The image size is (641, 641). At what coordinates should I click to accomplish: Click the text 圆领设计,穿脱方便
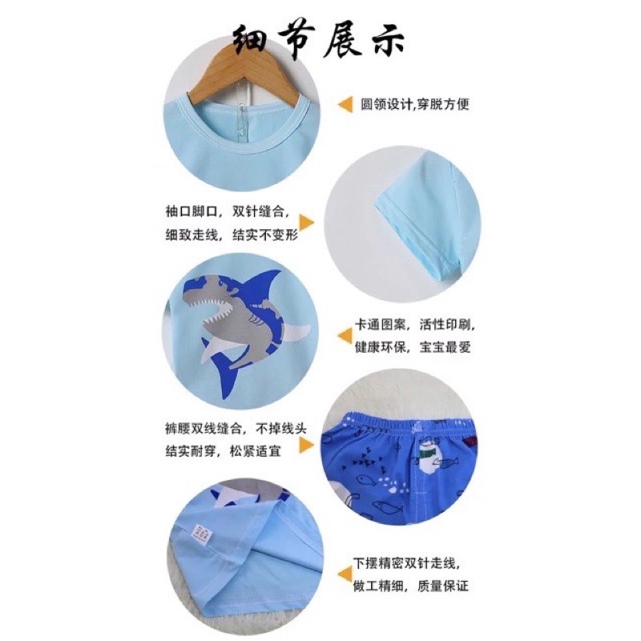414,105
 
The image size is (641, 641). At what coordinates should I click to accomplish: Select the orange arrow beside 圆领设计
345,105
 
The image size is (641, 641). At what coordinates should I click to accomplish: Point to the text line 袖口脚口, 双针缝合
227,212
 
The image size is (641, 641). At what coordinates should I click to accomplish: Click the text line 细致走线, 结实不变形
232,235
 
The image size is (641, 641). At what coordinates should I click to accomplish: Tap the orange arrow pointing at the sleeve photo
307,224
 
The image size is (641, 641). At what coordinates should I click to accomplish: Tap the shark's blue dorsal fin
262,285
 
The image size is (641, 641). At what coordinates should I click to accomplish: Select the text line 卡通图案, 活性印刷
414,325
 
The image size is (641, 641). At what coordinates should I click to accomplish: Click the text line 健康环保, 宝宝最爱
413,348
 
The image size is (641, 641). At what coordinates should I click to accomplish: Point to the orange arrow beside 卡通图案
345,336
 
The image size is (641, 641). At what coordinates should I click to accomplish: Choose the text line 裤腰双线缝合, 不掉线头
236,429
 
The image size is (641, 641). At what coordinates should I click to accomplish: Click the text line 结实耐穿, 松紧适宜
224,451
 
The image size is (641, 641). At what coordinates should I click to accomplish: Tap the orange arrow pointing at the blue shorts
307,445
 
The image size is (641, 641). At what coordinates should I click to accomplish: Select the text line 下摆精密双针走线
406,563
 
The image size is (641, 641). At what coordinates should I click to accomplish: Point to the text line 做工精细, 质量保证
410,587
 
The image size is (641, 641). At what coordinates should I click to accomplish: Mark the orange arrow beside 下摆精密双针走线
345,574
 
